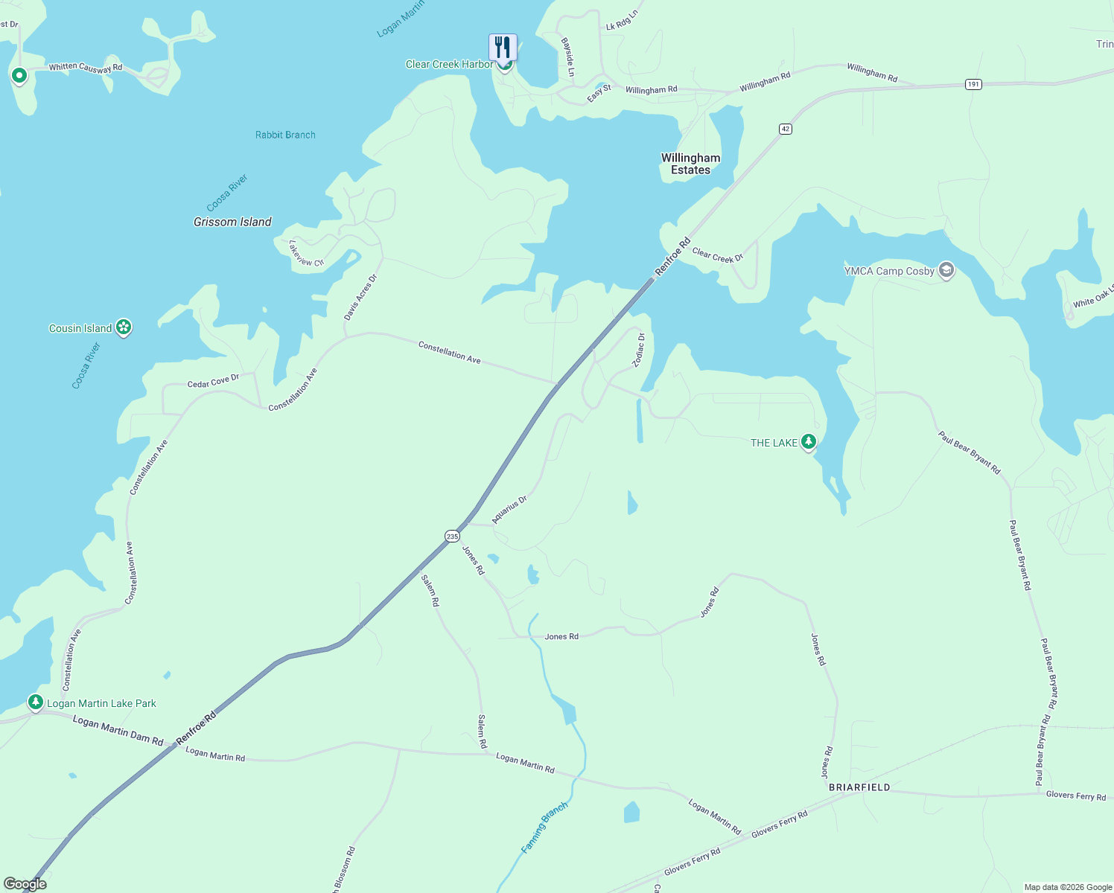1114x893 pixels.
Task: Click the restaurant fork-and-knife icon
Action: pos(503,47)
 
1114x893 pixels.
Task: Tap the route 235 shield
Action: pos(452,536)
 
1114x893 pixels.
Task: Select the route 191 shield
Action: pos(973,84)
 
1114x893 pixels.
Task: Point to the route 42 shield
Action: pos(786,129)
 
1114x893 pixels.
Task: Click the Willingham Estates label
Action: pos(690,164)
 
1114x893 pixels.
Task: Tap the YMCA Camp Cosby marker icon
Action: pos(946,269)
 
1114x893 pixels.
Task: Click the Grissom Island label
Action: pos(232,222)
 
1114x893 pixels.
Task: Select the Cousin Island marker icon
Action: pos(124,327)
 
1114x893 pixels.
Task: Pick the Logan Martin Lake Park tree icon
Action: pos(35,702)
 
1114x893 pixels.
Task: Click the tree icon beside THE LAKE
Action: pos(808,442)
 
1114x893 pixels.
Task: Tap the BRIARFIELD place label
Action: pos(859,787)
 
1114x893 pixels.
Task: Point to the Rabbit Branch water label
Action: pos(285,135)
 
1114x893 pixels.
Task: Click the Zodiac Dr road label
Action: pos(639,350)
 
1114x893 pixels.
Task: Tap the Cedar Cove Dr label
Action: pos(213,381)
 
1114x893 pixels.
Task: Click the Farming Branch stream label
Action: pos(544,827)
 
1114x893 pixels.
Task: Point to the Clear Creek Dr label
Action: pos(717,255)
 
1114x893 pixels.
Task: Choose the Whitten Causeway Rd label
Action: pos(86,67)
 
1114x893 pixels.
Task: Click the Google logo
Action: pos(25,884)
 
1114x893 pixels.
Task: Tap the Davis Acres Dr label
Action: pos(361,297)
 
